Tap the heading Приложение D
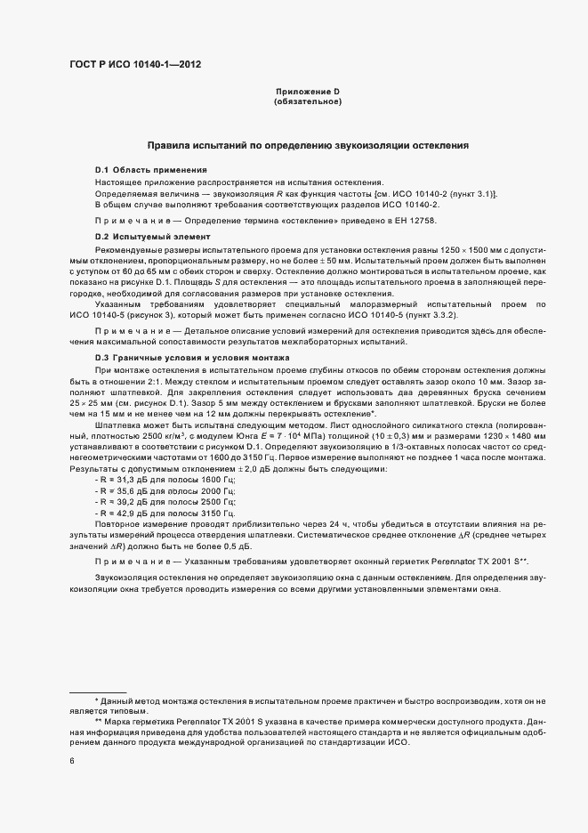pyautogui.click(x=308, y=93)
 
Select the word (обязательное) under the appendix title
pyautogui.click(x=308, y=102)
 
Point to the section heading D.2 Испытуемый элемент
pyautogui.click(x=152, y=237)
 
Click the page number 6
pyautogui.click(x=72, y=760)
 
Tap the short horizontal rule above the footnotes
pyautogui.click(x=98, y=692)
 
